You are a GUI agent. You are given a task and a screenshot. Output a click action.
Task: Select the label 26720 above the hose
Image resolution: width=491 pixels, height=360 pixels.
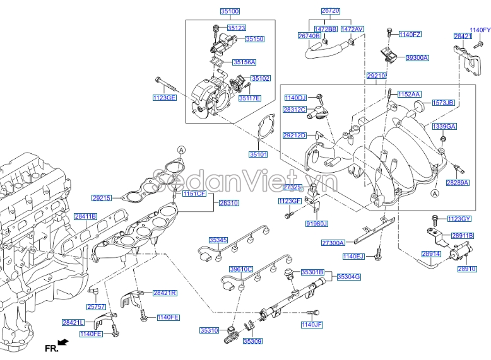pos(330,12)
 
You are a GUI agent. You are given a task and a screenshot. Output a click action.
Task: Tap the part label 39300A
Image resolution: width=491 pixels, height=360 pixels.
pos(417,57)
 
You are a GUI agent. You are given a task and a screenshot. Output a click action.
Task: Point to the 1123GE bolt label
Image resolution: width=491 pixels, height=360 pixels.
pos(164,98)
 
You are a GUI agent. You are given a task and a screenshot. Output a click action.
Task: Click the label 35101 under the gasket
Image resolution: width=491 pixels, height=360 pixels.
pos(258,154)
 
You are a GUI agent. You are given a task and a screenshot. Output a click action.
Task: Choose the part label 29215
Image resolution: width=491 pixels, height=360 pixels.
pos(102,198)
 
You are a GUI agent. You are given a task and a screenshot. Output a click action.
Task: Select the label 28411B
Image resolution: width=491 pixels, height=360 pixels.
pos(85,216)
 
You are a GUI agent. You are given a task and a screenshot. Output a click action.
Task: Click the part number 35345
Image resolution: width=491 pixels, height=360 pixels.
pos(218,240)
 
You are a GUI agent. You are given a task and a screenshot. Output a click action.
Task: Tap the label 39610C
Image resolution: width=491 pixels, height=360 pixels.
pos(240,269)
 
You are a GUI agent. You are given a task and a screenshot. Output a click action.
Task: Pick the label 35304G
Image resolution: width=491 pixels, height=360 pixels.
pos(348,276)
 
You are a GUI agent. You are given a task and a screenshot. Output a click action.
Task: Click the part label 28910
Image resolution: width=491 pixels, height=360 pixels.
pos(466,269)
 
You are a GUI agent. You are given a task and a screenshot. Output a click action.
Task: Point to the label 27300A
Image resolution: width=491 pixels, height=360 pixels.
pos(333,243)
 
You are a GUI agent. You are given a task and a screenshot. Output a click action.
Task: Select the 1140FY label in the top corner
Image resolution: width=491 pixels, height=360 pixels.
pos(480,30)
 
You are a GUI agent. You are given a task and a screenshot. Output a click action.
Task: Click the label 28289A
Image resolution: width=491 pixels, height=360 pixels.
pos(458,182)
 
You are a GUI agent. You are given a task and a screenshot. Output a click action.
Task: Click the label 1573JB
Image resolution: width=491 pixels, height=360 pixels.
pos(443,102)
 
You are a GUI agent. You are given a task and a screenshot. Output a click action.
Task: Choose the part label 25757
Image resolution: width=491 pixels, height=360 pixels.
pos(96,306)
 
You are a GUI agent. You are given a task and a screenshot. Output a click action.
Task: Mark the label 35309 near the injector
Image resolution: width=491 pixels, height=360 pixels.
pos(252,341)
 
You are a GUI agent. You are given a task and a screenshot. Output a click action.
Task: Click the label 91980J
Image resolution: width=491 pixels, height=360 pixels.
pos(317,223)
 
